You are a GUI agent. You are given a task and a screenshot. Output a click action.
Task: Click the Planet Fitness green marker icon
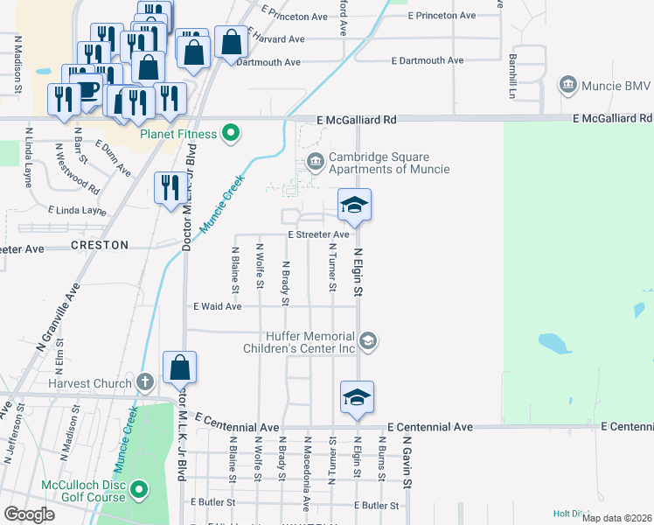tap(231, 134)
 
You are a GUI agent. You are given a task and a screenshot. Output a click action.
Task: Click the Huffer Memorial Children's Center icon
tap(368, 340)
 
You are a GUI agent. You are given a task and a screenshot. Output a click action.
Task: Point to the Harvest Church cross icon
tap(145, 381)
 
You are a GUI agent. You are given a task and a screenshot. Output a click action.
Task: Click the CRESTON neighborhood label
tap(99, 246)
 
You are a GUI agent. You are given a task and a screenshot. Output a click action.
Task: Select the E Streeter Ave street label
tap(318, 234)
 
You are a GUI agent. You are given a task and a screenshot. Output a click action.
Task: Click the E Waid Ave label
tap(218, 306)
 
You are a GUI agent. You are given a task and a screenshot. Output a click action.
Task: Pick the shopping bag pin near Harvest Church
tap(179, 367)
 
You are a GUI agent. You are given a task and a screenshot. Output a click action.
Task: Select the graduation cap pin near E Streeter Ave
tap(354, 205)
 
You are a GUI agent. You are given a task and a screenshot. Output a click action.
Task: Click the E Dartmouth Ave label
tap(428, 60)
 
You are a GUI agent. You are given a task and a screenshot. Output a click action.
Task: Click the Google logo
tap(29, 514)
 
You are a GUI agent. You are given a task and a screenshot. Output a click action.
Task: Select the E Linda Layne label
tap(78, 211)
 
